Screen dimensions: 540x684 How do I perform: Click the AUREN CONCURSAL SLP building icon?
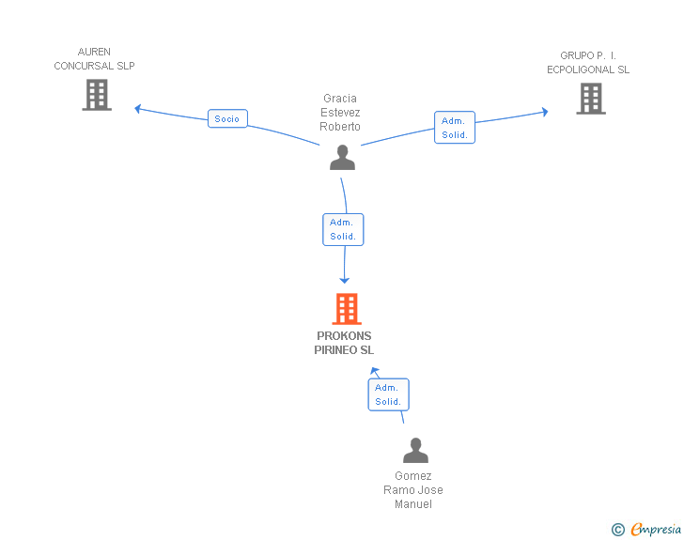97,95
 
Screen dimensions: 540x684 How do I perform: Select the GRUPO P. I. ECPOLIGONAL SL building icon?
590,99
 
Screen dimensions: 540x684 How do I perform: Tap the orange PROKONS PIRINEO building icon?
346,309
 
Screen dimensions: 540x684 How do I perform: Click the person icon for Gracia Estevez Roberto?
343,157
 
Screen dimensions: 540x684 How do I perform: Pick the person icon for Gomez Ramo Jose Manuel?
415,451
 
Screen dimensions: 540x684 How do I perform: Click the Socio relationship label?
227,118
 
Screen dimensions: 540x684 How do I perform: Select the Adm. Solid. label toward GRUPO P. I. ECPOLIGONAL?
455,128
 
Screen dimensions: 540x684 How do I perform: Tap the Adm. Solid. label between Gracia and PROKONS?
343,229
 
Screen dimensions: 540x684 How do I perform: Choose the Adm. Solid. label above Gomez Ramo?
388,394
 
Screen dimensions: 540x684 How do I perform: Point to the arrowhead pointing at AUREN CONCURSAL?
138,109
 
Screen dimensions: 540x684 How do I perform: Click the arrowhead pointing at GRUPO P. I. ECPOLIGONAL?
544,112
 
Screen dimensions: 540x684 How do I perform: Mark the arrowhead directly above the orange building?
345,279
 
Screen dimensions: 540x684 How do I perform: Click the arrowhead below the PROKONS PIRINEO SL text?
374,372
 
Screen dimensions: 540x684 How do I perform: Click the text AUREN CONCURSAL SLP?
94,58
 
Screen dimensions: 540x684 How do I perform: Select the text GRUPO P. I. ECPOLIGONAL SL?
588,63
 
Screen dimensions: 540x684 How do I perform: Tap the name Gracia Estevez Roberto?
340,113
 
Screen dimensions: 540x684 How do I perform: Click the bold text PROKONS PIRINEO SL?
344,343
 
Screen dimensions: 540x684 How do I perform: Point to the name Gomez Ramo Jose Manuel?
413,490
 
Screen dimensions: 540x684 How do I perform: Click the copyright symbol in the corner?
617,530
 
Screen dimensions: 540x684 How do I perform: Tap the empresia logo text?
656,530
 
